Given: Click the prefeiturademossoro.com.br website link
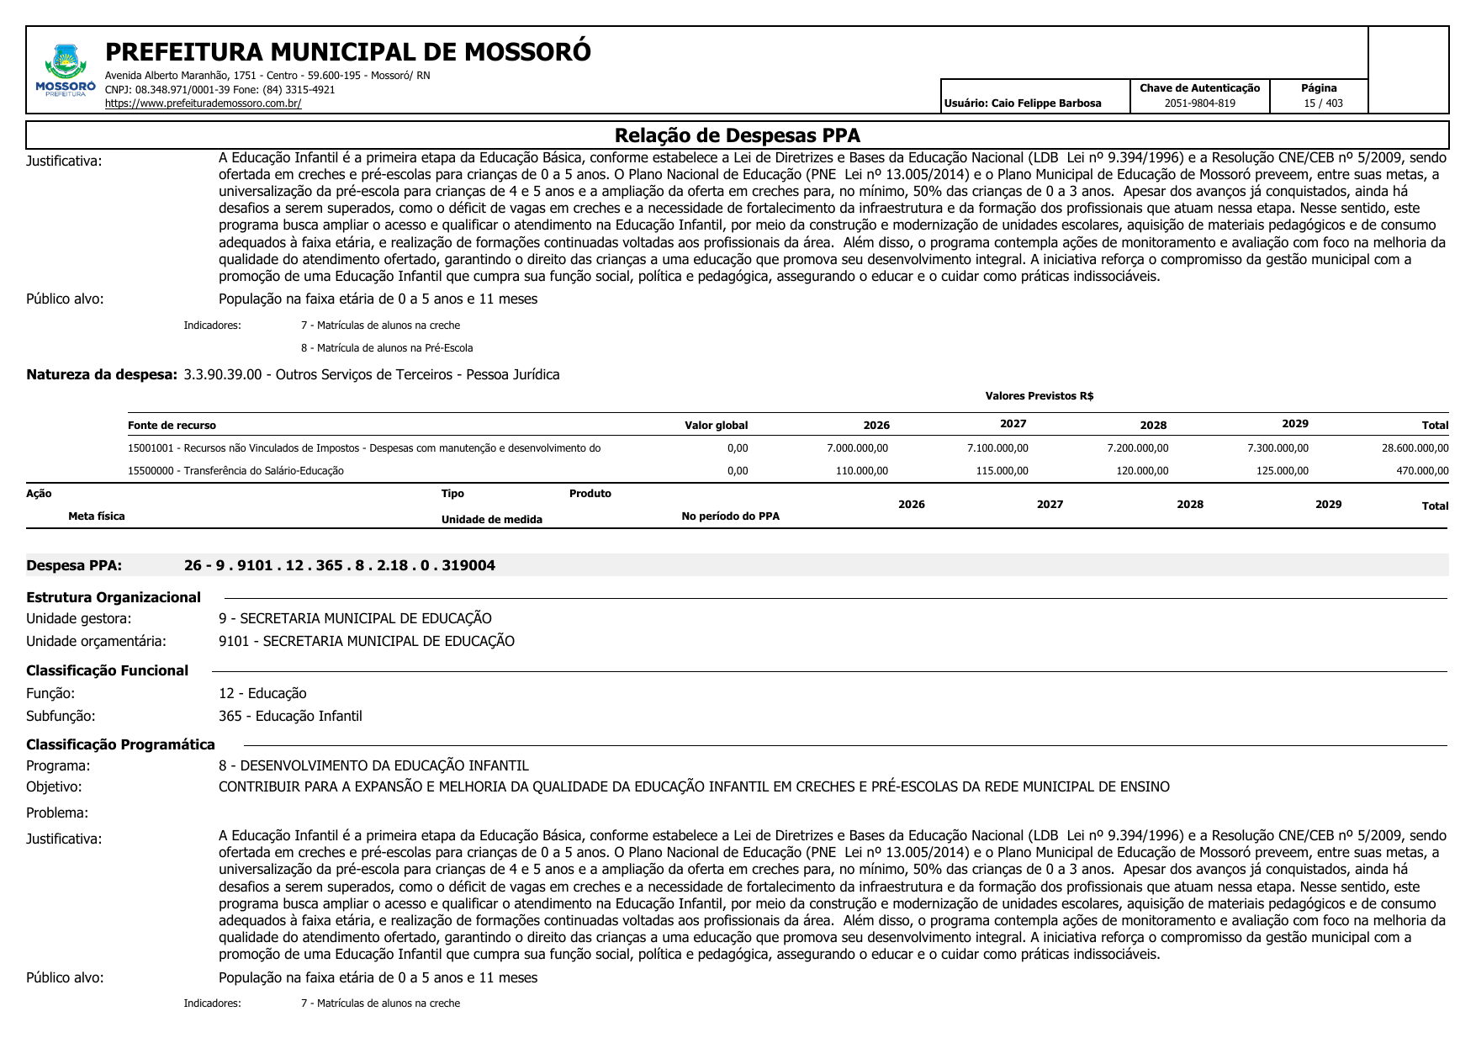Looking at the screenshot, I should pyautogui.click(x=203, y=103).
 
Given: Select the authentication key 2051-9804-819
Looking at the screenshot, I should pyautogui.click(x=1199, y=103).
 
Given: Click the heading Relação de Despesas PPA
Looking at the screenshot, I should pyautogui.click(x=737, y=135).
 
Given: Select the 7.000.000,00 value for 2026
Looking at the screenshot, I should pyautogui.click(x=857, y=448).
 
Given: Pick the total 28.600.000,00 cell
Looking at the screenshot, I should pyautogui.click(x=1415, y=448).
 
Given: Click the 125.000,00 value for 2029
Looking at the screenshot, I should pyautogui.click(x=1282, y=471).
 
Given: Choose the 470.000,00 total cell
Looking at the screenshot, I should pyautogui.click(x=1422, y=471).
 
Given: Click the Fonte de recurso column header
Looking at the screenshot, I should pyautogui.click(x=172, y=426).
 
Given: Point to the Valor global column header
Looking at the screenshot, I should pyautogui.click(x=716, y=426).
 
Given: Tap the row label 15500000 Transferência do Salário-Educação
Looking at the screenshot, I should pyautogui.click(x=235, y=471).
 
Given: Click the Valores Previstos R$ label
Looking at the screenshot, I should pyautogui.click(x=1039, y=396).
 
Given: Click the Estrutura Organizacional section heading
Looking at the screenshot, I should pyautogui.click(x=114, y=597).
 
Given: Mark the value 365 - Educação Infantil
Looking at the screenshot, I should pyautogui.click(x=290, y=716).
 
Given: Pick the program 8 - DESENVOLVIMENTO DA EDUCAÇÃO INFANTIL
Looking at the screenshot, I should pyautogui.click(x=373, y=765).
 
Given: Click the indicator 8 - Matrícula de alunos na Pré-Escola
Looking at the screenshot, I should pyautogui.click(x=387, y=348).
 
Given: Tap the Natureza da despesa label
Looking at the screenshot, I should pyautogui.click(x=102, y=374).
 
